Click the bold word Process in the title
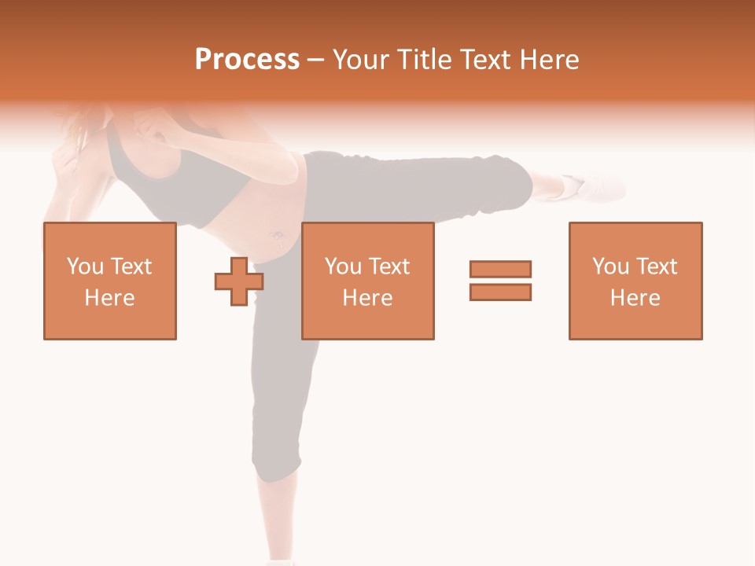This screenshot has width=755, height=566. [x=247, y=60]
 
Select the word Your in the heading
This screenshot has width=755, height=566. [x=359, y=60]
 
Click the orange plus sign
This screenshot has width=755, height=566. [x=238, y=281]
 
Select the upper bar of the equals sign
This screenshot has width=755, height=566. [x=500, y=269]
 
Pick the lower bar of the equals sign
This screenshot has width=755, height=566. [x=500, y=292]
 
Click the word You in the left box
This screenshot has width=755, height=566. [x=85, y=266]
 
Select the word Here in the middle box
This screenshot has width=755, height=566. [x=367, y=298]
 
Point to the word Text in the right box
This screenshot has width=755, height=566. [x=656, y=266]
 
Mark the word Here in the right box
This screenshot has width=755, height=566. [x=635, y=298]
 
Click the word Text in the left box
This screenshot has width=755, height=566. [x=130, y=266]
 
